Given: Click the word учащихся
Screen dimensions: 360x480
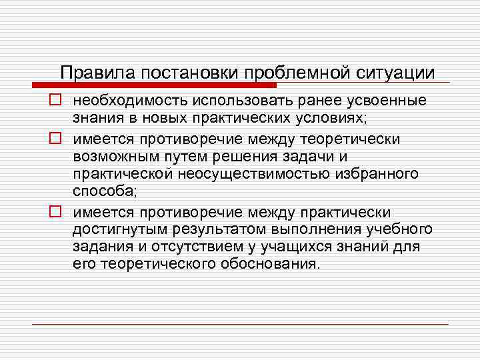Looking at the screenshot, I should (287, 247).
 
